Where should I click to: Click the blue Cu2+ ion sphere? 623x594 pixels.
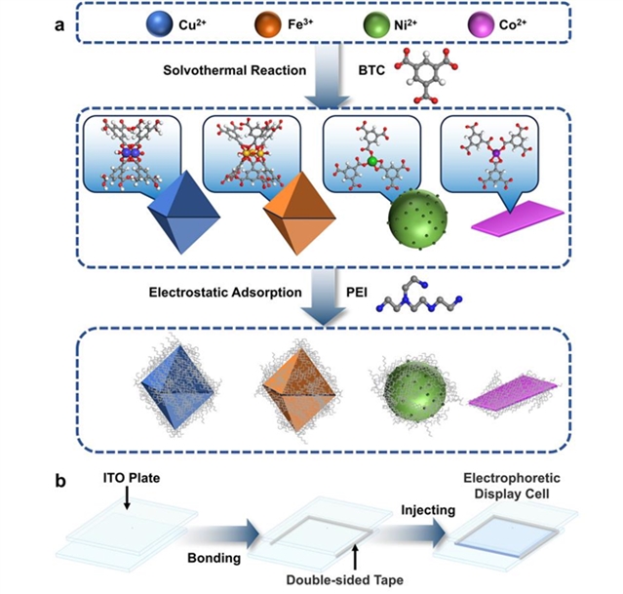point(160,23)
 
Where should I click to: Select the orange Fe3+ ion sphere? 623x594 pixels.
point(268,23)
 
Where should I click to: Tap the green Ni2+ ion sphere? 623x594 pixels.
point(376,23)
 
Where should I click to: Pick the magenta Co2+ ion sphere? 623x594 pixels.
point(482,23)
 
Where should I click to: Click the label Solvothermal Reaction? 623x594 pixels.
point(234,70)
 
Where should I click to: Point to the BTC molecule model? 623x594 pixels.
point(426,75)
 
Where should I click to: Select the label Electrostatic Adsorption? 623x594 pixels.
point(225,293)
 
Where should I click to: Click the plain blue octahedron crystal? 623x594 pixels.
point(183,213)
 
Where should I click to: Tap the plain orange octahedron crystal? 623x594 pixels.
point(300,213)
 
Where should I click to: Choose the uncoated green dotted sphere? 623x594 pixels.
point(417,219)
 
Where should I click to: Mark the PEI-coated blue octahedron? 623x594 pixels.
point(178,386)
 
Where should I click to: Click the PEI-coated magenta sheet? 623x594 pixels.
point(515,394)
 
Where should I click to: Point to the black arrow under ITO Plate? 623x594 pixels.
point(127,497)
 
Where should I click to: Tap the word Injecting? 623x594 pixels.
point(428,510)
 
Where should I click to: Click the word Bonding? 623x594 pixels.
point(214,558)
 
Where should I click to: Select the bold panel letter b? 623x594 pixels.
point(60,481)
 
